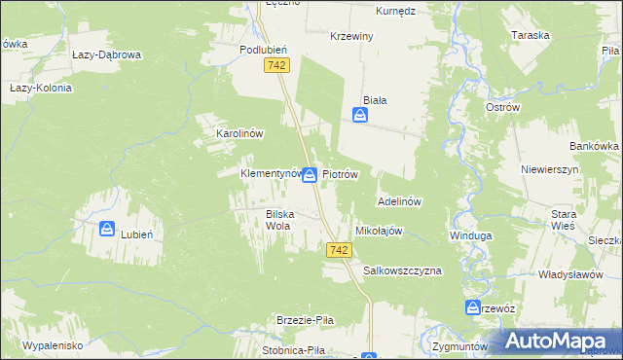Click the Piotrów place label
pyautogui.click(x=342, y=175)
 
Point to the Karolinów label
pyautogui.click(x=227, y=133)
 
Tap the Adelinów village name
pyautogui.click(x=398, y=202)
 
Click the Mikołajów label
pyautogui.click(x=380, y=232)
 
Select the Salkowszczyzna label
pyautogui.click(x=402, y=270)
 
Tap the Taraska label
pyautogui.click(x=531, y=35)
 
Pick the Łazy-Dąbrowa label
pyautogui.click(x=107, y=55)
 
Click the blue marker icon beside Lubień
pyautogui.click(x=106, y=229)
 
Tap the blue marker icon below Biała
pyautogui.click(x=360, y=116)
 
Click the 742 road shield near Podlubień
pyautogui.click(x=275, y=64)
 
